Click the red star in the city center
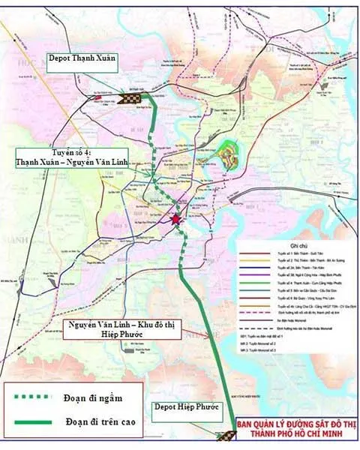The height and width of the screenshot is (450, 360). [176, 220]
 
